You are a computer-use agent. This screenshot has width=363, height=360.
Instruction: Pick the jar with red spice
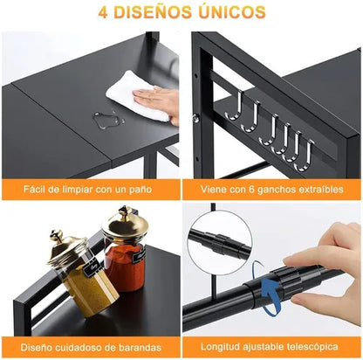(126, 257)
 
